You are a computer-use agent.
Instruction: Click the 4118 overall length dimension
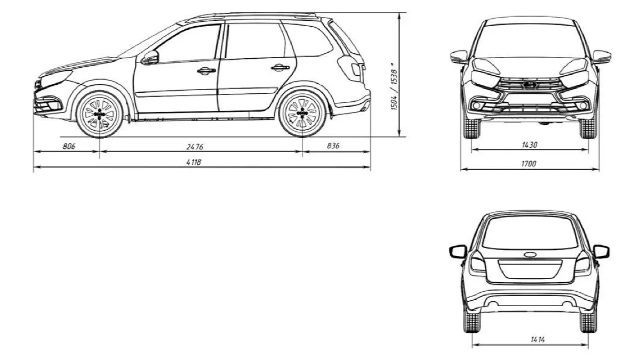click(x=194, y=162)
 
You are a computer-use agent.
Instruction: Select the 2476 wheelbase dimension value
click(x=195, y=147)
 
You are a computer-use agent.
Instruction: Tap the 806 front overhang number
click(x=69, y=146)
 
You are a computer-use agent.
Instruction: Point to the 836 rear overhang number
click(x=333, y=146)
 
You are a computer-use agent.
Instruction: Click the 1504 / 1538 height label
click(x=394, y=90)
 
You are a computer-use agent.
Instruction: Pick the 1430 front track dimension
click(x=530, y=145)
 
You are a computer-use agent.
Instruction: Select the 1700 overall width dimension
click(x=529, y=164)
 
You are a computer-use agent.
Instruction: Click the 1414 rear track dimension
click(x=538, y=339)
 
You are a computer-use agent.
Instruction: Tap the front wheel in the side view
click(x=99, y=114)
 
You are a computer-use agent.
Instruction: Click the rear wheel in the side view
click(x=302, y=114)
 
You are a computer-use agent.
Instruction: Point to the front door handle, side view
click(x=206, y=70)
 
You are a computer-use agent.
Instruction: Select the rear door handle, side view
click(x=281, y=68)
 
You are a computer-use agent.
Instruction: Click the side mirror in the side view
click(x=150, y=58)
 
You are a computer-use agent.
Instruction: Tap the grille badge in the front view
click(x=530, y=85)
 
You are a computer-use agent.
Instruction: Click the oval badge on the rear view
click(x=530, y=254)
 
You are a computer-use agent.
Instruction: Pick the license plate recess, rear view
click(x=530, y=269)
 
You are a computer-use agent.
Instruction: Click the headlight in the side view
click(x=55, y=78)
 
